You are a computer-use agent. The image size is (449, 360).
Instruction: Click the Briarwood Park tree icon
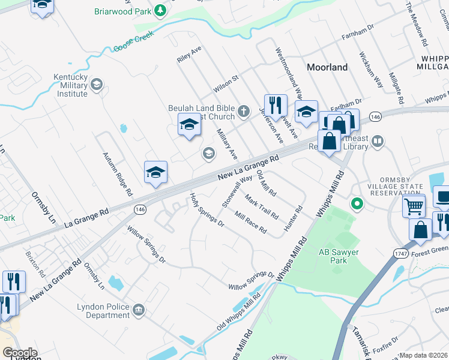click(160, 11)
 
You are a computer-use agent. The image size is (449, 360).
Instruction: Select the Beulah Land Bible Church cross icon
click(244, 111)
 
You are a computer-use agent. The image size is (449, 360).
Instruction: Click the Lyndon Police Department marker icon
click(139, 310)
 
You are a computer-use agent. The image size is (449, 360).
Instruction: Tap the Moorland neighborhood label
click(327, 67)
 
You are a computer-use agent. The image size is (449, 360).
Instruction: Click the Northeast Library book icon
click(377, 142)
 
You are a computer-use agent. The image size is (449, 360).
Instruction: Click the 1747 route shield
click(401, 254)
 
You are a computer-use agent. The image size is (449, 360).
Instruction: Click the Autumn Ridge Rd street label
click(117, 175)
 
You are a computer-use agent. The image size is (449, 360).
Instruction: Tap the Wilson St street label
click(226, 84)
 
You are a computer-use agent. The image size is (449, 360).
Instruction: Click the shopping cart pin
click(414, 206)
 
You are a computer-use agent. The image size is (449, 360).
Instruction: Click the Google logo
click(20, 353)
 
